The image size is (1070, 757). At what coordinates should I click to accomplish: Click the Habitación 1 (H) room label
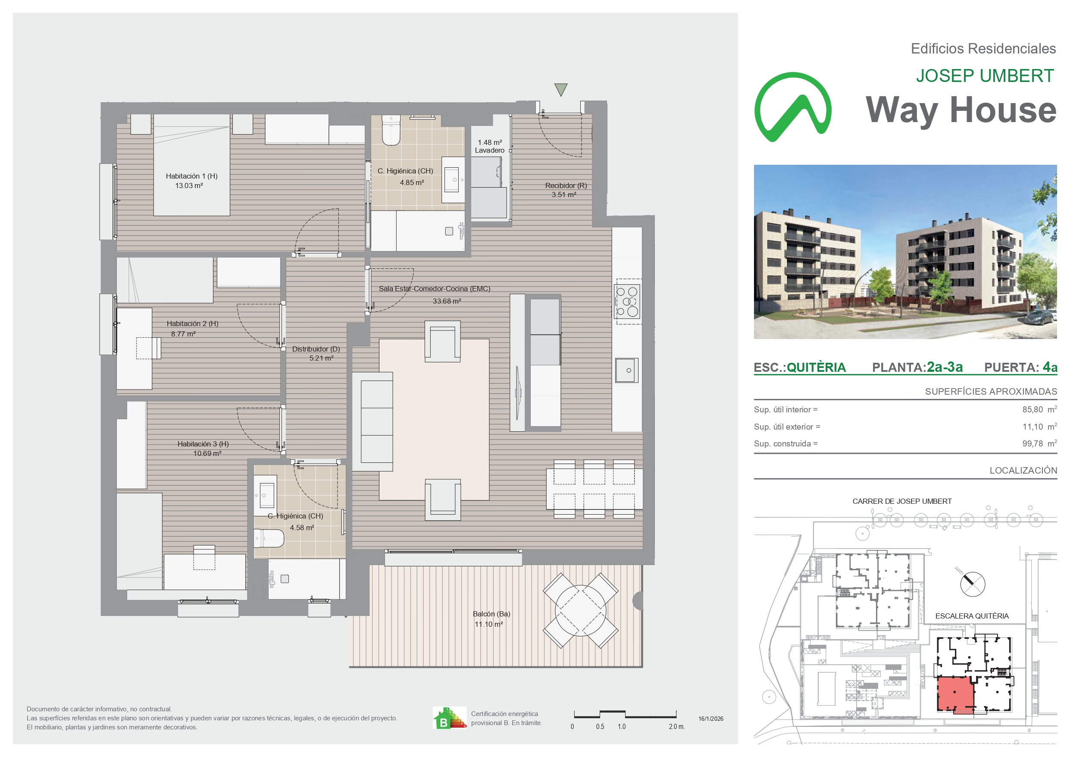tap(191, 176)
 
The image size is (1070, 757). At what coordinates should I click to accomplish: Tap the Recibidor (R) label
tap(566, 185)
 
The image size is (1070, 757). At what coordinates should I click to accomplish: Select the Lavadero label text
tap(489, 150)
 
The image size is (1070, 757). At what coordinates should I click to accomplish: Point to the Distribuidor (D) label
tap(316, 349)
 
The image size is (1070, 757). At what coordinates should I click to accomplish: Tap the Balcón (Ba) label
tap(491, 614)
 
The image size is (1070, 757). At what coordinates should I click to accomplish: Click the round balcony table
tap(581, 610)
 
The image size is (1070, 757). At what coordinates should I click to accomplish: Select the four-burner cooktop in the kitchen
tap(627, 302)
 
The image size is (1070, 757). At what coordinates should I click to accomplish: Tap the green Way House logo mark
tap(793, 107)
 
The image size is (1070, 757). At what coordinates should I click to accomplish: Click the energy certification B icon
tap(449, 718)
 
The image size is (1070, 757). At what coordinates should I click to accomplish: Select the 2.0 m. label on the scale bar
tap(677, 727)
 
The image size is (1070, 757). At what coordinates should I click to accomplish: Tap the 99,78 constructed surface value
tap(1032, 443)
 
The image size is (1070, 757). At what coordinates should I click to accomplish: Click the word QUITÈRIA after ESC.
tap(816, 368)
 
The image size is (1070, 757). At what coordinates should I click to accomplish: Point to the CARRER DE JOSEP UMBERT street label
tap(902, 501)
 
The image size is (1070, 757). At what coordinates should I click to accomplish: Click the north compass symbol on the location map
tap(973, 584)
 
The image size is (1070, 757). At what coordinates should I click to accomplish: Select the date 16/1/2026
tap(711, 719)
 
